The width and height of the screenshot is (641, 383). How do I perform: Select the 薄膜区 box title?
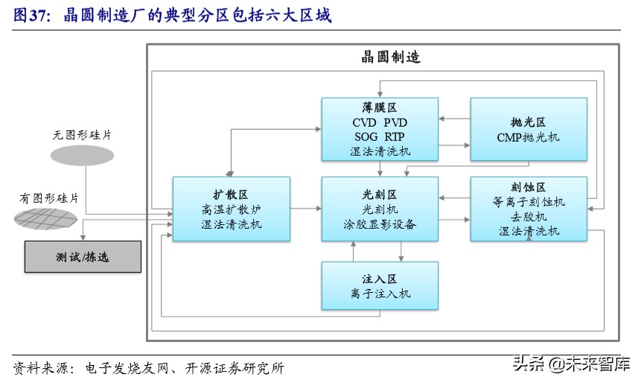pos(380,107)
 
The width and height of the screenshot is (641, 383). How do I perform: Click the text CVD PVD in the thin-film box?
pos(380,122)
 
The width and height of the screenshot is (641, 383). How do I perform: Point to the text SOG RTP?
pos(380,136)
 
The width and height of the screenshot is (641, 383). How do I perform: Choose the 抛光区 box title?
pos(529,122)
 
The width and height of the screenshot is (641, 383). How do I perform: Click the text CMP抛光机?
pos(529,137)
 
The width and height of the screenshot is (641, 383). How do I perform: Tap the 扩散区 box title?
pos(231,194)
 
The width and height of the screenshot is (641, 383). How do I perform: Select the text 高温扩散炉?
pos(231,209)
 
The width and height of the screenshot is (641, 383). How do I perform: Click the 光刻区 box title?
pos(380,194)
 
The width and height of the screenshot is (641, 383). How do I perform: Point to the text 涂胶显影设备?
pos(380,224)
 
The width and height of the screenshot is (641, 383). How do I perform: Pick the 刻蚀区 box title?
pos(529,187)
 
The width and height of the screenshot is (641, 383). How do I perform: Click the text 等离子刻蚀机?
pos(529,202)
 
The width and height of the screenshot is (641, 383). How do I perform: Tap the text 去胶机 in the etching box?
pos(529,216)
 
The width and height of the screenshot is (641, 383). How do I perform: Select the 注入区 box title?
pos(380,279)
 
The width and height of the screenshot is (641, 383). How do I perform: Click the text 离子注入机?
pos(380,294)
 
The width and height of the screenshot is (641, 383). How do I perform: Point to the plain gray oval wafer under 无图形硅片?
pos(82,155)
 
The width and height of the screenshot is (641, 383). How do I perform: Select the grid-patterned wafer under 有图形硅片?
pos(46,218)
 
